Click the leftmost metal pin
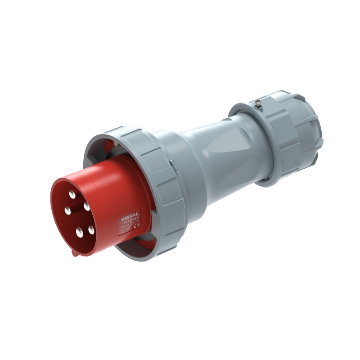point(67,210)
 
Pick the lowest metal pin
point(80,233)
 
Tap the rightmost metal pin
point(91,230)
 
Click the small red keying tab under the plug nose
point(76,253)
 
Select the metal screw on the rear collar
point(257,104)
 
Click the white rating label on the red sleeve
point(130,224)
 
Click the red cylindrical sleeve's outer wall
point(112,189)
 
